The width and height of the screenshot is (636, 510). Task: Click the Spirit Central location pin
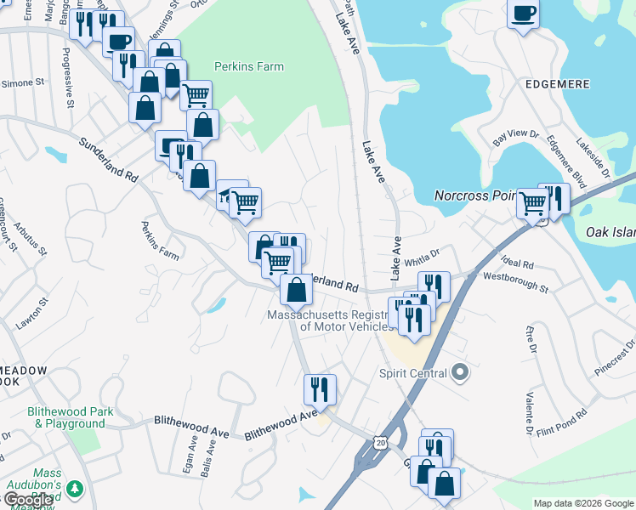[460, 372]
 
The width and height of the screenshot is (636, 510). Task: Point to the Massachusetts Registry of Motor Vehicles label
[332, 320]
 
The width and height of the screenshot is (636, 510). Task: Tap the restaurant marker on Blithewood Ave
[320, 389]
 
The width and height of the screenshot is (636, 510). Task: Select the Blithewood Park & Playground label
[70, 417]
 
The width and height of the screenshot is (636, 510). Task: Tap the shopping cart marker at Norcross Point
[532, 203]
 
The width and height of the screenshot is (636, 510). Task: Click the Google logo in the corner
[27, 499]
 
